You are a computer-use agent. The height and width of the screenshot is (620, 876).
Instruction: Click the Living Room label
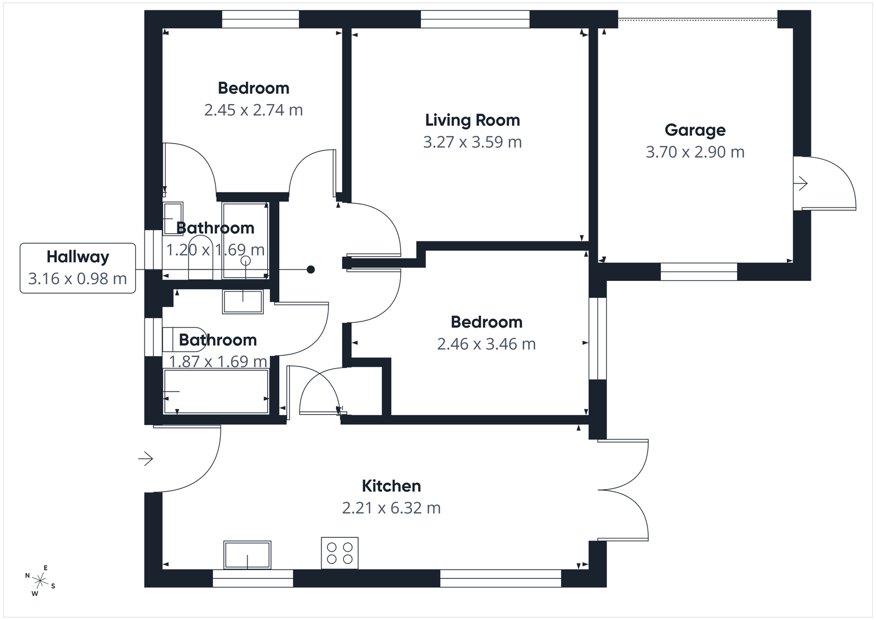click(472, 120)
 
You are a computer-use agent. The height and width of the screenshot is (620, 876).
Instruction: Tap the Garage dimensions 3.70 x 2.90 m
click(695, 152)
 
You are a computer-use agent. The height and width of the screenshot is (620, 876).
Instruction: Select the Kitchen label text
click(391, 486)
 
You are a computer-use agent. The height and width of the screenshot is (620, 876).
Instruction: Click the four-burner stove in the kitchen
click(339, 553)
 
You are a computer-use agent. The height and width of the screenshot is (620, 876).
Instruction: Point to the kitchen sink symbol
click(247, 555)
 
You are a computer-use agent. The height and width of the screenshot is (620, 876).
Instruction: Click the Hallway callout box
click(78, 268)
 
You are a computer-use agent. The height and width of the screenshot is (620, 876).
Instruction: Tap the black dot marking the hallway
click(310, 269)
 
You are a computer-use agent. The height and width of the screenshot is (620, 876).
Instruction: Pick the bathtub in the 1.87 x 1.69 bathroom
click(216, 392)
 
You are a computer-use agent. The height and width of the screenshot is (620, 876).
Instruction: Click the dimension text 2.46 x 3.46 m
click(486, 344)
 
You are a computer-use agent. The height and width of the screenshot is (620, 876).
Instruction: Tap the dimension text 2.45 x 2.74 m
click(253, 110)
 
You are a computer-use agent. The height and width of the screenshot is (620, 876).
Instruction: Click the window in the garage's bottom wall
click(699, 272)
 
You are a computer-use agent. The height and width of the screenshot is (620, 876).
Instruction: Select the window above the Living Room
click(475, 19)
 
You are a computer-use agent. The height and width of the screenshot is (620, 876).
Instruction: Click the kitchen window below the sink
click(252, 578)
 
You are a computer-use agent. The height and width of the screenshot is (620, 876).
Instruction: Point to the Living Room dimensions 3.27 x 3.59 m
click(472, 142)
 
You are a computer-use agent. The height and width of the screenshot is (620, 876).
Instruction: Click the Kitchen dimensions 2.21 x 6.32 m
click(391, 508)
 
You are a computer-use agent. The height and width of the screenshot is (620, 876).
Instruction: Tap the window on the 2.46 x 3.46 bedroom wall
click(598, 338)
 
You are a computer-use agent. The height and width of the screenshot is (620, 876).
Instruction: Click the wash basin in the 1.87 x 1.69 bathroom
click(243, 302)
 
